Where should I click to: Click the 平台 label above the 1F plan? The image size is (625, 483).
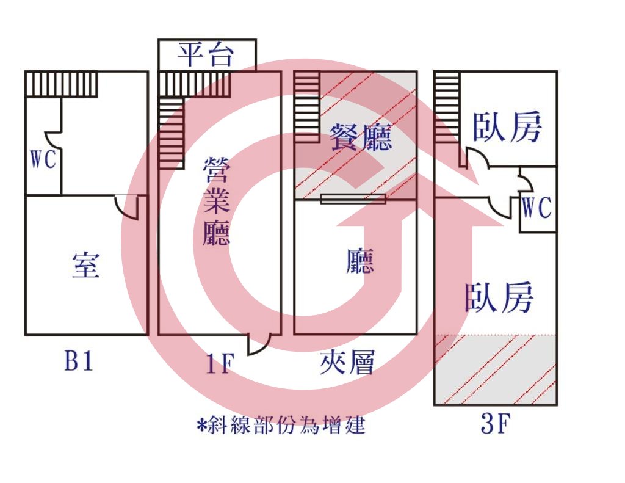coord(205,54)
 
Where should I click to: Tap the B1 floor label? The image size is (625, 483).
coord(79,361)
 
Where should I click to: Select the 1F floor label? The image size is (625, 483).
coord(219,364)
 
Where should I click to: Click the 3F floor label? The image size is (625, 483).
coord(496,424)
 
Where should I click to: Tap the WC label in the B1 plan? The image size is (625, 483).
coord(43,159)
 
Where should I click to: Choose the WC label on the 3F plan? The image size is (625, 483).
coord(536,208)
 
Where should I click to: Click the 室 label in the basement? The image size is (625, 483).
coord(86,265)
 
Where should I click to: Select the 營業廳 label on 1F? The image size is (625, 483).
coord(217,201)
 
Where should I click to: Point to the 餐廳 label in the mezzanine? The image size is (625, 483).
coord(361,136)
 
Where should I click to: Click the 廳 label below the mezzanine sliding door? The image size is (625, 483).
coord(360,261)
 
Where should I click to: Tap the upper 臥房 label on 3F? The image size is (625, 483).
coord(507,126)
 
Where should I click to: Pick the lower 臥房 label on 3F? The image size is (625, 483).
coord(499,297)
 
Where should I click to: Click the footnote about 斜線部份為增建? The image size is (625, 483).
coord(281,425)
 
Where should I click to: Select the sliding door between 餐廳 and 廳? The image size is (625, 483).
coord(353,198)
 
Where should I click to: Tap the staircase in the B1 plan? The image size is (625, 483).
coord(61,84)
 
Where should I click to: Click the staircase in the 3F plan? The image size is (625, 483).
coord(446,107)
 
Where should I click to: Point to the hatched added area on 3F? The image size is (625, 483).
coord(496,369)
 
